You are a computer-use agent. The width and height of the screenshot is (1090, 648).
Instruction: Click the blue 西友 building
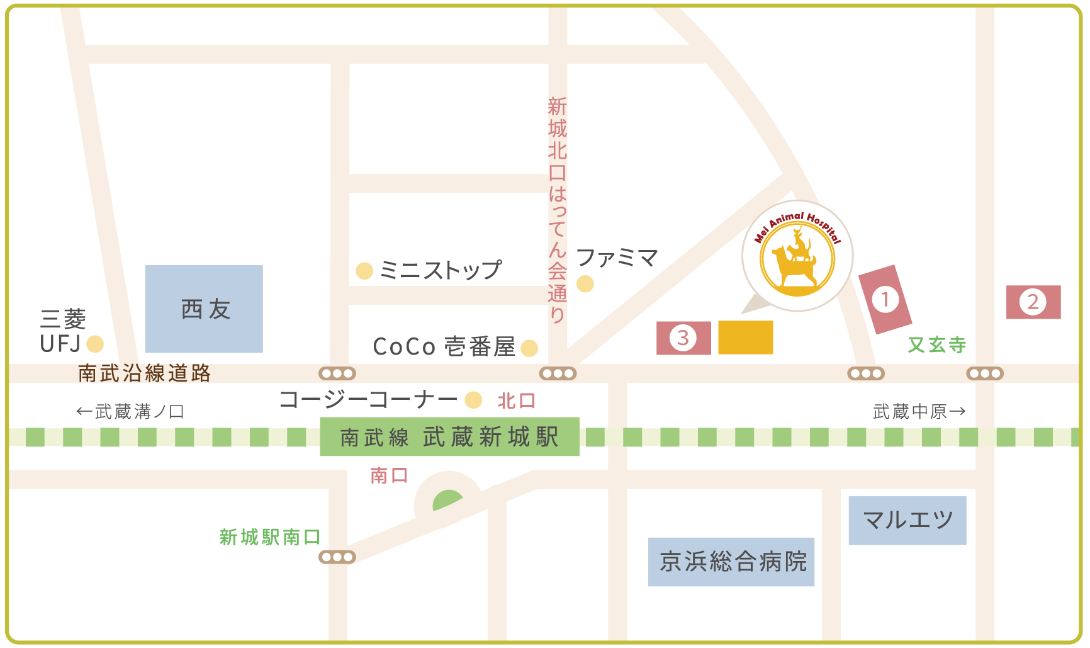tap(204, 309)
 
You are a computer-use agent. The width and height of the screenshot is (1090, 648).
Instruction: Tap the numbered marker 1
tap(885, 299)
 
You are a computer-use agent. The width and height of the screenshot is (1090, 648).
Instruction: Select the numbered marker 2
tap(1033, 302)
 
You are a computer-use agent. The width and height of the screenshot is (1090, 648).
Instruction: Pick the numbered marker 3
tap(683, 338)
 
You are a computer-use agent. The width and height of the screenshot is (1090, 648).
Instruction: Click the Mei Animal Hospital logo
tap(797, 256)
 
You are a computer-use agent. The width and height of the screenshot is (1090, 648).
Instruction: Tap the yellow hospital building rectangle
tap(745, 337)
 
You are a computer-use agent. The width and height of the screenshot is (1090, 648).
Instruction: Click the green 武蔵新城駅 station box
tap(449, 436)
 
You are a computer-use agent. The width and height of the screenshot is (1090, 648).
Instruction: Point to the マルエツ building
tap(907, 520)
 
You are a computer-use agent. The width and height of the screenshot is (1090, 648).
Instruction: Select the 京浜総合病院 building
tap(731, 562)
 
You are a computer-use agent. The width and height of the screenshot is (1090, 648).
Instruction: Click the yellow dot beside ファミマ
tap(585, 284)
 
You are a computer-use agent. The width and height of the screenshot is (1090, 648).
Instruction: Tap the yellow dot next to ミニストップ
tap(364, 271)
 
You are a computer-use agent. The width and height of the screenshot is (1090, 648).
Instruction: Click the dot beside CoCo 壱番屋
tap(529, 348)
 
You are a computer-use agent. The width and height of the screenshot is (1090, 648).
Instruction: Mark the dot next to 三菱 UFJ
tap(95, 344)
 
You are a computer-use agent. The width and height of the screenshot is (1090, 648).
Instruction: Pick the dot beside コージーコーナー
tap(473, 400)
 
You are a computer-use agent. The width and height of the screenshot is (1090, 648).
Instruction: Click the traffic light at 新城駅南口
tap(337, 557)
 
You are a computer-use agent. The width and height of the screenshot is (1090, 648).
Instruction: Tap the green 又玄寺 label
tap(936, 344)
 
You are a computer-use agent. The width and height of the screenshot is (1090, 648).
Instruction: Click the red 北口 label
tap(516, 401)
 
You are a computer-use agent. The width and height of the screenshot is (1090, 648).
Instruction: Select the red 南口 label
tap(389, 475)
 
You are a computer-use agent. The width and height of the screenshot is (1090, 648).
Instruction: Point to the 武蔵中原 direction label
tap(918, 412)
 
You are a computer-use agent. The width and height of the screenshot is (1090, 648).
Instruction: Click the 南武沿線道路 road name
tap(144, 373)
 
